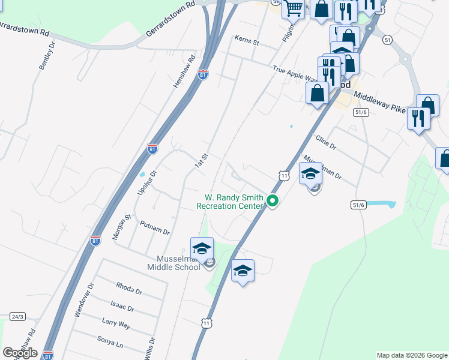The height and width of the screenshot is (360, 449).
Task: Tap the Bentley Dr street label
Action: tap(47, 56)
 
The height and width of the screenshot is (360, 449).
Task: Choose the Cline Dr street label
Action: tap(326, 142)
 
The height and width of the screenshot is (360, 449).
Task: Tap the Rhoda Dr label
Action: tap(129, 289)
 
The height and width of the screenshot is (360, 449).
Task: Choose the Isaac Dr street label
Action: tap(122, 307)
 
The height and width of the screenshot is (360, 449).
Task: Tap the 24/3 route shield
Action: tap(17, 316)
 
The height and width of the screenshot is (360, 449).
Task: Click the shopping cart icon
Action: tap(294, 9)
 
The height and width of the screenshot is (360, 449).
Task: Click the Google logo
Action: tap(20, 352)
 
